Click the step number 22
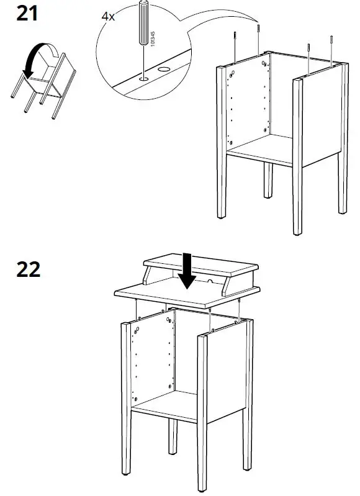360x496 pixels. click(28, 269)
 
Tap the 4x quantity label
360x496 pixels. click(108, 16)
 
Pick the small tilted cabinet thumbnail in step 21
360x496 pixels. click(43, 84)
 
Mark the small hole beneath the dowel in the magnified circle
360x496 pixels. click(143, 78)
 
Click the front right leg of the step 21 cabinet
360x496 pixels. click(300, 155)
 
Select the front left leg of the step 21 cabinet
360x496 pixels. click(222, 143)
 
